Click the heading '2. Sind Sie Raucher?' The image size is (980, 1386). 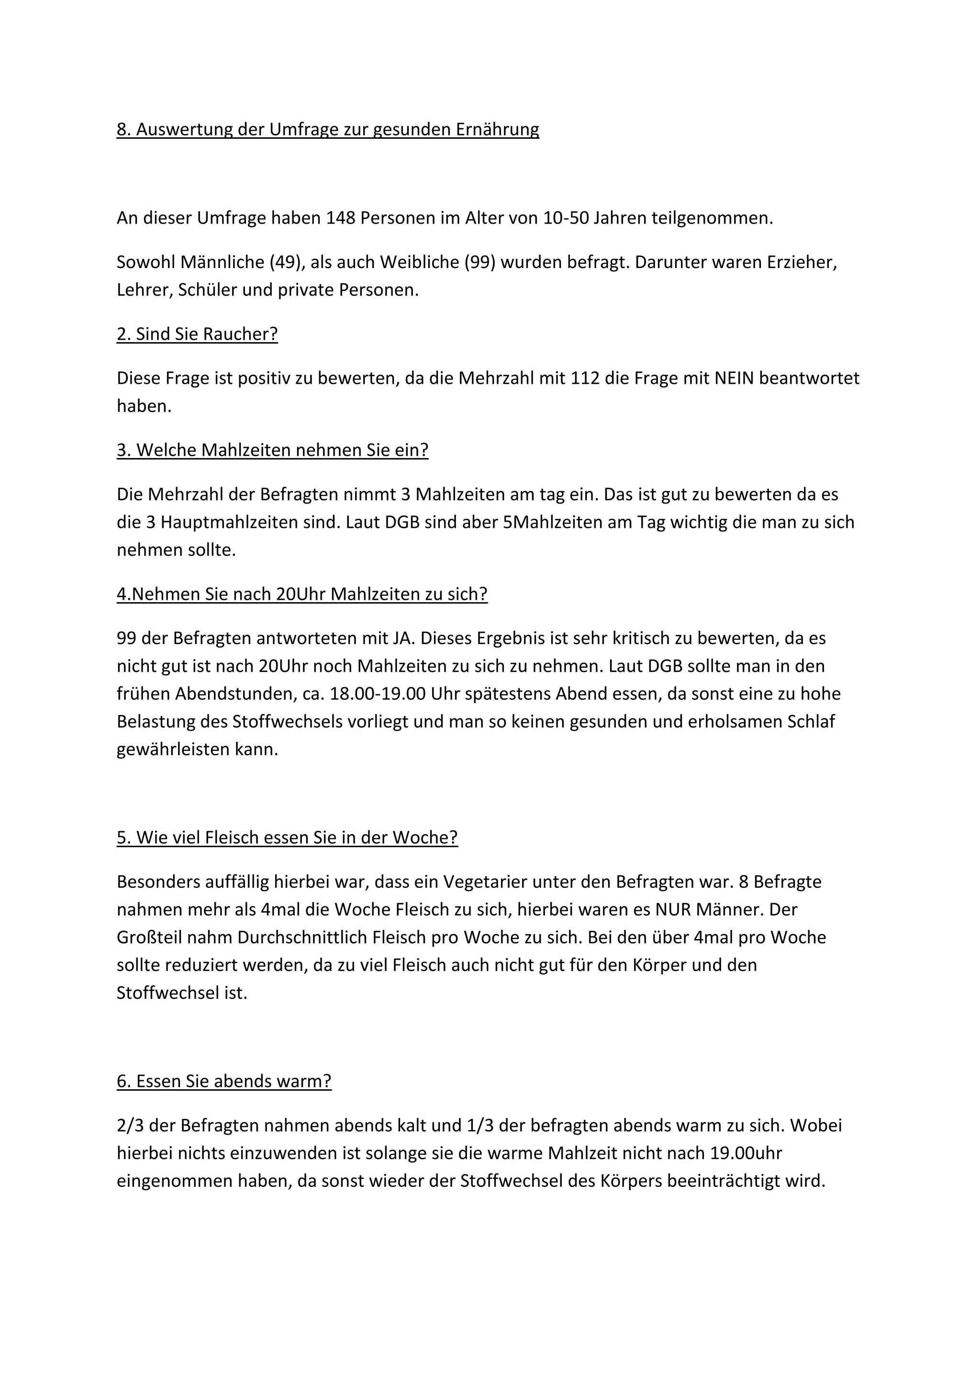click(x=197, y=335)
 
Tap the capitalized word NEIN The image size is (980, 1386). click(x=735, y=379)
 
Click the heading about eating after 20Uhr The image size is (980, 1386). click(x=302, y=594)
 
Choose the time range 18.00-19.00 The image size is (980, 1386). click(x=378, y=694)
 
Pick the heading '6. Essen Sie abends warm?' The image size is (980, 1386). click(x=224, y=1081)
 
